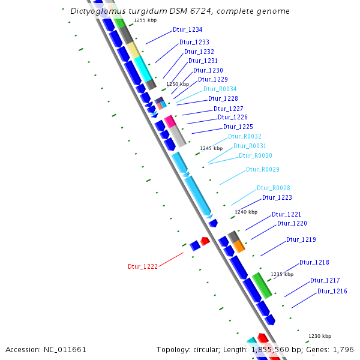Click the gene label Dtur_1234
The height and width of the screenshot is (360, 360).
click(187, 29)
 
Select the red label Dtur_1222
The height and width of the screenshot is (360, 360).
click(143, 266)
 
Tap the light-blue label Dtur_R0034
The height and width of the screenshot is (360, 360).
click(220, 89)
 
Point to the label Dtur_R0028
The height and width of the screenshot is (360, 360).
click(274, 188)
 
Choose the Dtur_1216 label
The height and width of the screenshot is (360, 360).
click(332, 291)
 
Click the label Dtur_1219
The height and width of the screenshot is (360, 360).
click(301, 240)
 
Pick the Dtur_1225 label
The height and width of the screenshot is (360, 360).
click(238, 127)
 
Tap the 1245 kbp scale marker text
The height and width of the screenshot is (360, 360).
click(211, 148)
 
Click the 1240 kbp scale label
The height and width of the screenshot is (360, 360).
click(245, 212)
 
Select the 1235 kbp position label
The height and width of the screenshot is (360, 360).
click(282, 274)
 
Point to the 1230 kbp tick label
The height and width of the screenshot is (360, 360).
click(319, 336)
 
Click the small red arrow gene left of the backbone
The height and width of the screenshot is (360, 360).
click(205, 241)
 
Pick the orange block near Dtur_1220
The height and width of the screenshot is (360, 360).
click(239, 246)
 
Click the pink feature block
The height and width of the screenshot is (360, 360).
click(170, 121)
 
